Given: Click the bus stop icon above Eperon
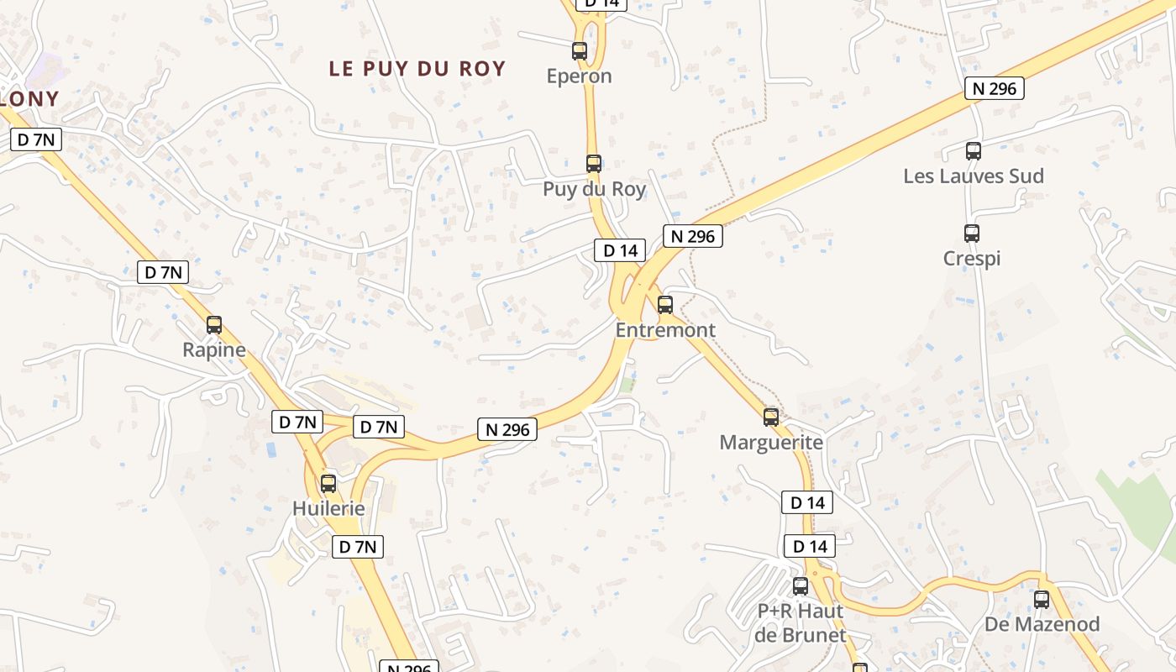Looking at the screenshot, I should coord(580,51).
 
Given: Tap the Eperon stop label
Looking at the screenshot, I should coord(580,76).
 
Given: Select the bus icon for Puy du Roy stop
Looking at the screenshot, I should coord(594,164).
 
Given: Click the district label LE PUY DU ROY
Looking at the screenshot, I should coord(417,69).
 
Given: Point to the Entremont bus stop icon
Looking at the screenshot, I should coord(665,305).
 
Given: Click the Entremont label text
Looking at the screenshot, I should coord(665,330).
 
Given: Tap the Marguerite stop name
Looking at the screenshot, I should coord(771,442).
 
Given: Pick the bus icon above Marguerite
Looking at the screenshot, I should coord(771,417).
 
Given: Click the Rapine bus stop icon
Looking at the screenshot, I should coord(214,325).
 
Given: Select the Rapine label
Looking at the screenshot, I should coord(214,350).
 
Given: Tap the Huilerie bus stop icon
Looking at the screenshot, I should coord(328,484).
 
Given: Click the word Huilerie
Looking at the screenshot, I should coord(328,509).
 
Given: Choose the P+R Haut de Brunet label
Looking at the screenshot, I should coord(801,622).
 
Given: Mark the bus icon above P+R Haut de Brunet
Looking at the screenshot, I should coord(801,586).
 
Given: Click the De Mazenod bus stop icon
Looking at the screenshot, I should coord(1042,600).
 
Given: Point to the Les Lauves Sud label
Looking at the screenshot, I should coord(974,176).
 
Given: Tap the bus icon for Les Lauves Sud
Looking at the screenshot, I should coord(974,151).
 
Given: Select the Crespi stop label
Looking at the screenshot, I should coord(972,259).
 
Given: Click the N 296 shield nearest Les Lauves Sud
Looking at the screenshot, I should coord(995,89).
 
